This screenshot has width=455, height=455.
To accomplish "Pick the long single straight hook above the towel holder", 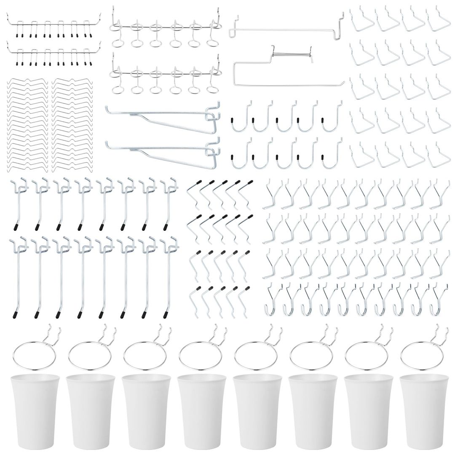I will [286, 27].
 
